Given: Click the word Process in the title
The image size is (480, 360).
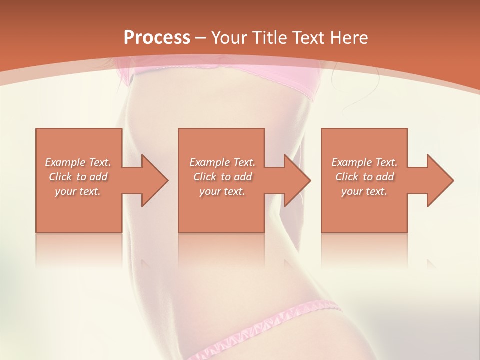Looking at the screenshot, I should point(157,38).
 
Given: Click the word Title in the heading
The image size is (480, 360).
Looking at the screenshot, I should point(267,38).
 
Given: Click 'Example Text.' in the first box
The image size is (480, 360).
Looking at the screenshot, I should point(78,162).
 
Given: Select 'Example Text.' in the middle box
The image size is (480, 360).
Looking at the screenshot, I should point(222,162).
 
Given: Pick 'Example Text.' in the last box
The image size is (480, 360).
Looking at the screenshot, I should point(364,162).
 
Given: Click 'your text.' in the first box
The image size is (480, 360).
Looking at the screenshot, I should point(78,191).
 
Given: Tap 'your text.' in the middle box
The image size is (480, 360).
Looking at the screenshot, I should point(222,191).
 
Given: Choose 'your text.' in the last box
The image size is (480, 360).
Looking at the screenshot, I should point(364,191).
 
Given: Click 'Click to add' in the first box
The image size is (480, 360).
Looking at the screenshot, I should point(78,177).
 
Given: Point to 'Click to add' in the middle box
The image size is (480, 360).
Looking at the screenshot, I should point(222,177).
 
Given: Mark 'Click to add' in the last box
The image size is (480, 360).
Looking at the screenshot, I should point(364,177).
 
